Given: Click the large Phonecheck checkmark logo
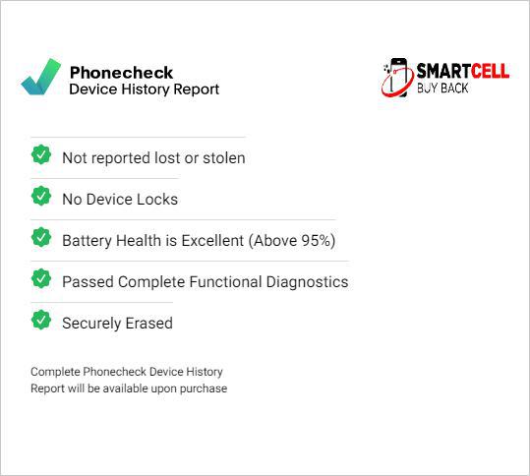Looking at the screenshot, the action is (40, 77).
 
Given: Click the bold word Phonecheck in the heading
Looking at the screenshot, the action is (121, 73).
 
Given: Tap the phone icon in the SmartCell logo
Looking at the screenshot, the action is (397, 78).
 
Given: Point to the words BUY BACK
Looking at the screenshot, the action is (442, 89).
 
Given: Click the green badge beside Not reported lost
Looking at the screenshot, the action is (41, 154).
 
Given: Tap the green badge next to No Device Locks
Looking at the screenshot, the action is (41, 196).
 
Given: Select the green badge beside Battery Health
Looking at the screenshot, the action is (41, 237).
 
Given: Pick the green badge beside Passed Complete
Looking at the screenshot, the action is (41, 278).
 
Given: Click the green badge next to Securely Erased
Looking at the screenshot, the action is (41, 320).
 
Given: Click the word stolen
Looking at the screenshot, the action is (224, 158).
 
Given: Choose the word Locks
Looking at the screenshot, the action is (157, 199).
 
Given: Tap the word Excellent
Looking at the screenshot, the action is (212, 241).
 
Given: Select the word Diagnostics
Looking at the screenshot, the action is (307, 282).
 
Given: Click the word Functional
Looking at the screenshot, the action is (226, 282).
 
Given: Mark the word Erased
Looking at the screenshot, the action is (149, 324).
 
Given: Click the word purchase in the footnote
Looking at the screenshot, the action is (204, 388).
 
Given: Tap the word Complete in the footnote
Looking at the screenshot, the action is (55, 372).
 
